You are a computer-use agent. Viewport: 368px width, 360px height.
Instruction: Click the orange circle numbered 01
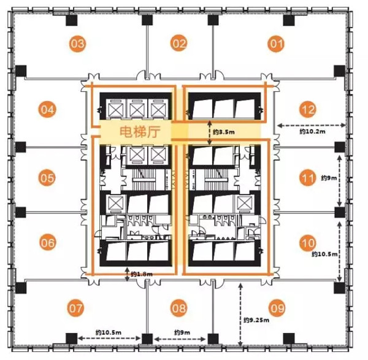tap(276, 44)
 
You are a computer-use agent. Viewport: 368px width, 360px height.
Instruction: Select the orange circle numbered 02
tap(179, 43)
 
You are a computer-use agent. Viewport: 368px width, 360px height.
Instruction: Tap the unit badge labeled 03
tap(77, 44)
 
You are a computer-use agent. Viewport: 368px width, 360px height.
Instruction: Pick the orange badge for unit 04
tap(47, 110)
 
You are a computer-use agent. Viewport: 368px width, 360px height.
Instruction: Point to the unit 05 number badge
tap(47, 178)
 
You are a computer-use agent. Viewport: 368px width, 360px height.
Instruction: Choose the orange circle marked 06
tap(48, 243)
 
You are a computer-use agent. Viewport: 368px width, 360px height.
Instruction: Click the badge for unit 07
tap(76, 308)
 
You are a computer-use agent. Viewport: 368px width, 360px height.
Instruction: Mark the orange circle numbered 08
tap(179, 308)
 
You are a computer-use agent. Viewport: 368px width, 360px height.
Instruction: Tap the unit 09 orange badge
tap(277, 308)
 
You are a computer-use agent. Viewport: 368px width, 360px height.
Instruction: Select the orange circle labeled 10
tap(308, 243)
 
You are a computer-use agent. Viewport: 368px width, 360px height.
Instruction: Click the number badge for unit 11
tap(308, 178)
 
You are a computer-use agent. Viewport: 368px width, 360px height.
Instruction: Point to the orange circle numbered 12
tap(308, 110)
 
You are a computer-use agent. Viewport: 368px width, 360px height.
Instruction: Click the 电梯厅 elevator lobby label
tap(140, 132)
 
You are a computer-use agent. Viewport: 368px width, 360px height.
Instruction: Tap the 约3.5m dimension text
tap(224, 132)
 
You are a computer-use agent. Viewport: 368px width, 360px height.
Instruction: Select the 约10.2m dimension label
tap(312, 131)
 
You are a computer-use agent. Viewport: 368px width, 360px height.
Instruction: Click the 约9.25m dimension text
tap(256, 320)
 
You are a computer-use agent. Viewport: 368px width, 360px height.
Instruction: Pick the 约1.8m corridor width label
tap(142, 274)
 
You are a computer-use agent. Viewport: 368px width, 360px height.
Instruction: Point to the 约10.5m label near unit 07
tap(109, 332)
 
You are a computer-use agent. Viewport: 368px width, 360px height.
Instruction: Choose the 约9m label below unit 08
tap(182, 332)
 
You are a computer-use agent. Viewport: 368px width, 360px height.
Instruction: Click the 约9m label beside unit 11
tap(329, 178)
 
